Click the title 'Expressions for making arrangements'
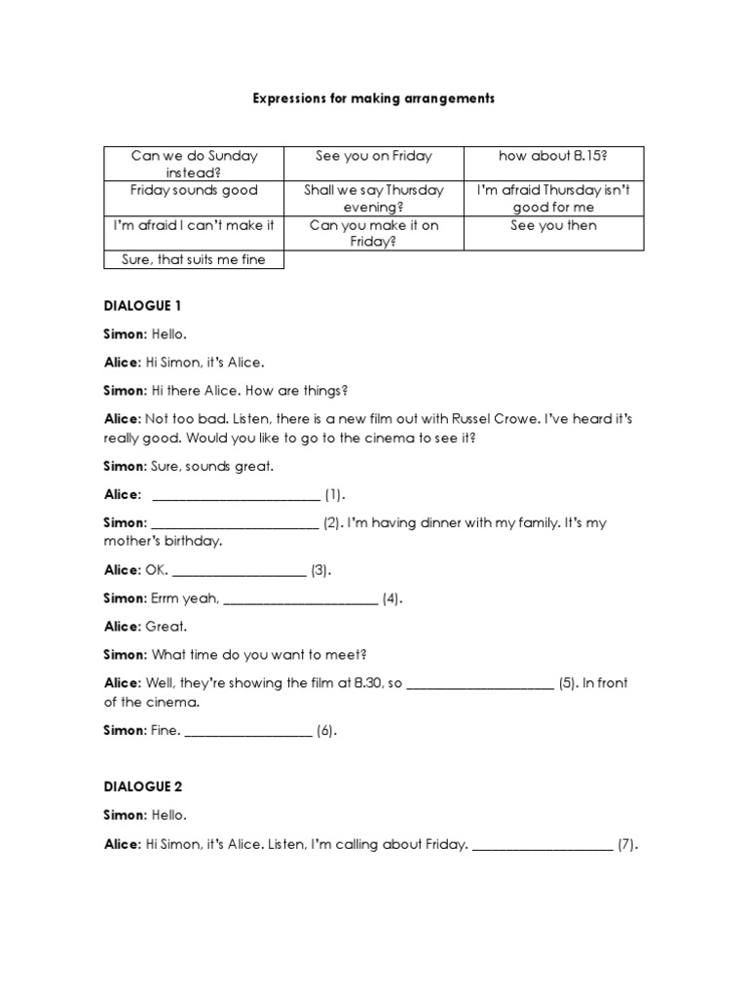pyautogui.click(x=374, y=98)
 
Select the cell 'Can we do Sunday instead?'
pyautogui.click(x=194, y=163)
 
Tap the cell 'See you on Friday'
pyautogui.click(x=374, y=156)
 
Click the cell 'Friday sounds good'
pyautogui.click(x=194, y=190)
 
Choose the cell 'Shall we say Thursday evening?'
pyautogui.click(x=374, y=198)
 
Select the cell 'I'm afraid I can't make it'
pyautogui.click(x=194, y=225)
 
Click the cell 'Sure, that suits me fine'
pyautogui.click(x=194, y=258)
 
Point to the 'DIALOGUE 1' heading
pyautogui.click(x=143, y=305)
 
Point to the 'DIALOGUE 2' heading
pyautogui.click(x=143, y=787)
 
